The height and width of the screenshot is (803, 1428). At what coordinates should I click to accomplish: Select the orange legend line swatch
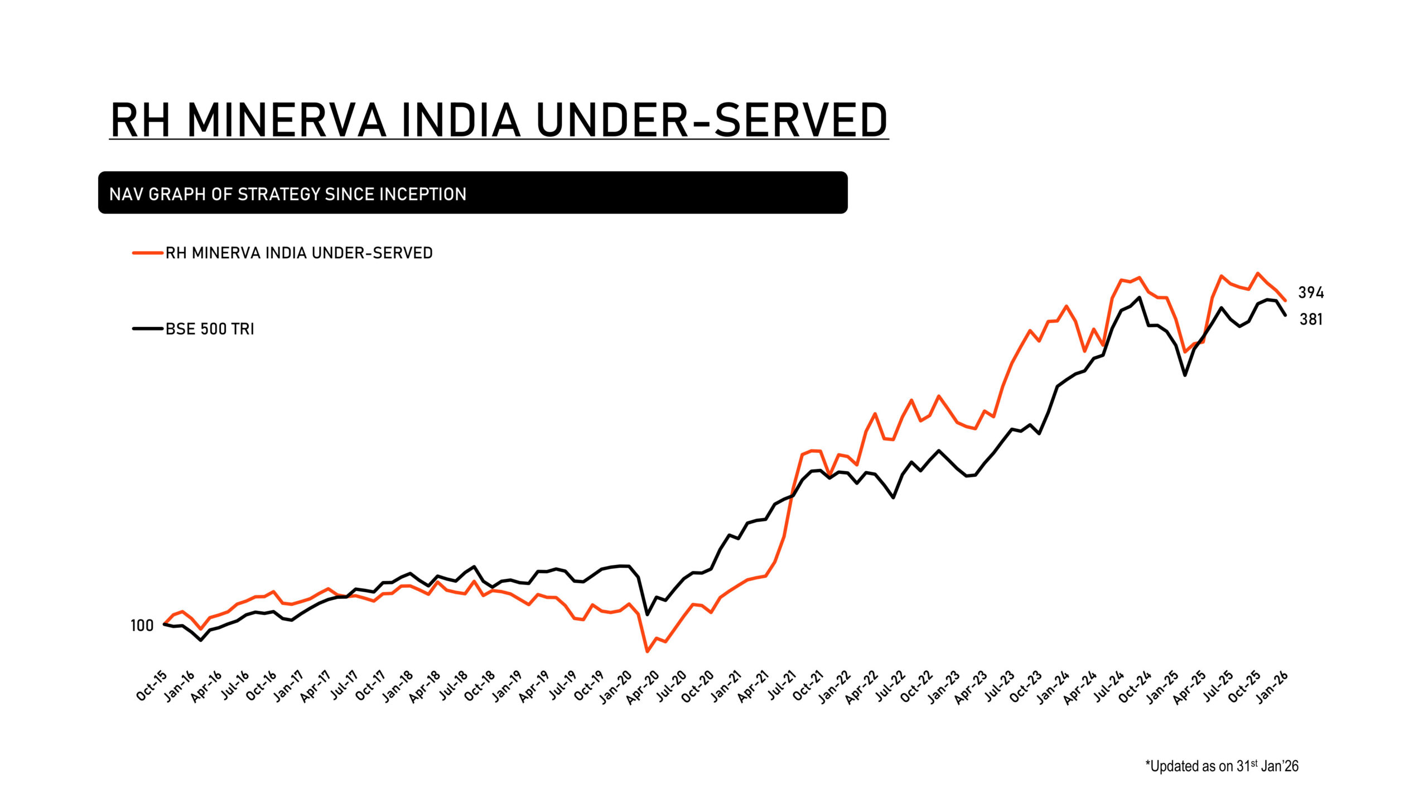[x=147, y=253]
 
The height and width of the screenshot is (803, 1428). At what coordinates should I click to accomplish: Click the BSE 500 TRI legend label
[x=210, y=329]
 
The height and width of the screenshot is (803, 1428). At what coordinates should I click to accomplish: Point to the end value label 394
[x=1311, y=292]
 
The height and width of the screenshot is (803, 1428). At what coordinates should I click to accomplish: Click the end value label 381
[x=1311, y=319]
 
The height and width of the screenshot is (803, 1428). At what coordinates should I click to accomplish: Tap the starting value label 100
[x=142, y=626]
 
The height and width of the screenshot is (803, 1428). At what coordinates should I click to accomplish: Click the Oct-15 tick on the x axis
[x=152, y=685]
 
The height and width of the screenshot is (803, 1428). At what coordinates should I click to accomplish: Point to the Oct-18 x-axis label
[x=480, y=686]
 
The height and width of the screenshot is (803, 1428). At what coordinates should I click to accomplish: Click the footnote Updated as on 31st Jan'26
[x=1222, y=766]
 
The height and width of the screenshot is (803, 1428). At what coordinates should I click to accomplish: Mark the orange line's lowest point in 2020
[x=647, y=651]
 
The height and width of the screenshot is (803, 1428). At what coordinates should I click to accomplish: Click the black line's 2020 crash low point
[x=647, y=615]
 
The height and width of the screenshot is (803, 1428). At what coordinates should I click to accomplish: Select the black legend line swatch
[x=147, y=329]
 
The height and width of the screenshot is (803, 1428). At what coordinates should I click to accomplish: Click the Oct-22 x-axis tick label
[x=916, y=686]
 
